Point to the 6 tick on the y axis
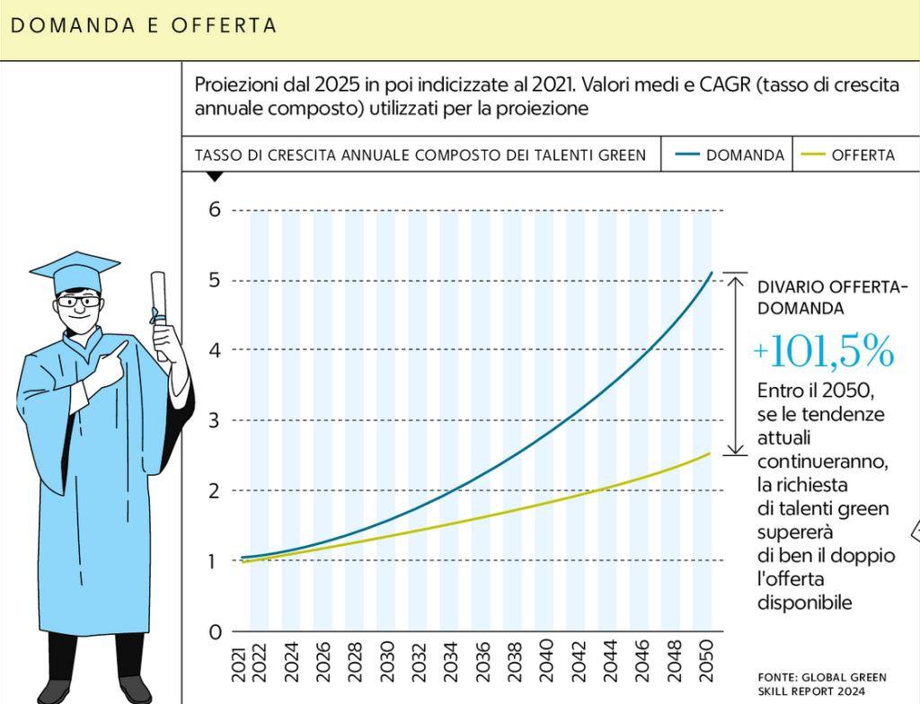(215, 209)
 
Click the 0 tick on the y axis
(215, 631)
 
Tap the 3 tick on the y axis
(215, 420)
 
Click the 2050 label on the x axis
(706, 658)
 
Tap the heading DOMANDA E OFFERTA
(143, 26)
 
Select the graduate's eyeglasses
(79, 302)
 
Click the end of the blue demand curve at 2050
(712, 272)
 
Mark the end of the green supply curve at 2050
(710, 453)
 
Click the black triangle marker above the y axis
(214, 176)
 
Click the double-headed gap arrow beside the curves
(735, 364)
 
